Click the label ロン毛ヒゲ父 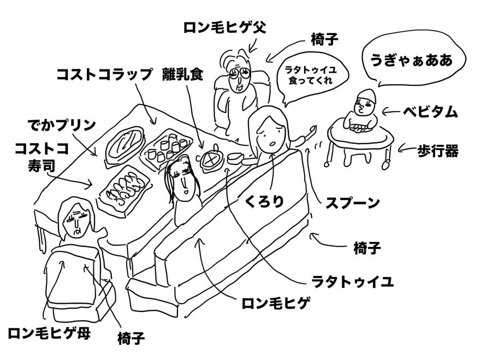[x=225, y=28]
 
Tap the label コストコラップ [x=104, y=74]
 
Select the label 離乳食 [x=182, y=74]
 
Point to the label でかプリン [x=62, y=125]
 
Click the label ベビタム [x=430, y=111]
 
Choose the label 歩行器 [x=437, y=151]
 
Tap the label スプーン [x=352, y=203]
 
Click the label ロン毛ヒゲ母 [x=49, y=333]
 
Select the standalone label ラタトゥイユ [x=352, y=281]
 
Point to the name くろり [x=264, y=202]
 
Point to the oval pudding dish [x=125, y=143]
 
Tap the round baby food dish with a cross [x=211, y=160]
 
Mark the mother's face [x=75, y=221]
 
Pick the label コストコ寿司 [x=42, y=157]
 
